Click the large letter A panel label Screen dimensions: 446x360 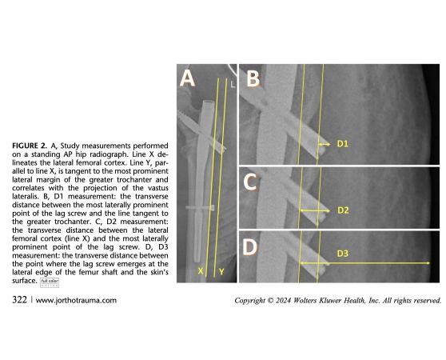[188, 78]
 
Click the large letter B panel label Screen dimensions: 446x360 [253, 78]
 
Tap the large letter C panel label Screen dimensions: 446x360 [250, 182]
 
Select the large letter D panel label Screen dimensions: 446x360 [249, 247]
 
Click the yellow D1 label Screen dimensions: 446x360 [342, 144]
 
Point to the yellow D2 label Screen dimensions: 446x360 [343, 210]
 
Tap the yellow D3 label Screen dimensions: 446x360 [342, 254]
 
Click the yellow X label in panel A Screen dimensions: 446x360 [201, 271]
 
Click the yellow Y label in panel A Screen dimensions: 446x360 [221, 272]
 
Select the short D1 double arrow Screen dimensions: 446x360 [325, 145]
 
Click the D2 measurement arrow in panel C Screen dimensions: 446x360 [315, 210]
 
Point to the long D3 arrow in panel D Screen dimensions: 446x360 [365, 263]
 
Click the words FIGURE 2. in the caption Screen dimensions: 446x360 [30, 146]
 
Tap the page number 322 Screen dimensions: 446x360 [20, 300]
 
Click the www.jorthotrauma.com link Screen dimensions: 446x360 [76, 300]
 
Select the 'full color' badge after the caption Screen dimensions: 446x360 [50, 282]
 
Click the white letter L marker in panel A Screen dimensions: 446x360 [233, 85]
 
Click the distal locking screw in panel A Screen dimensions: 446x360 [200, 208]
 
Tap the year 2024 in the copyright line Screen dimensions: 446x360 [283, 300]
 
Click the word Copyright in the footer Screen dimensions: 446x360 [249, 301]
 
